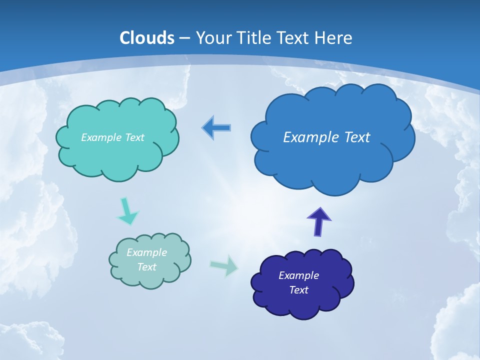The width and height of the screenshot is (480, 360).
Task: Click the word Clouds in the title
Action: [147, 38]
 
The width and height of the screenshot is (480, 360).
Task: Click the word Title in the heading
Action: [254, 38]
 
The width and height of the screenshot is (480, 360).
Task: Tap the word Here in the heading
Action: [333, 38]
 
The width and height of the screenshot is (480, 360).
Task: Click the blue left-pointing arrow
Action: [216, 128]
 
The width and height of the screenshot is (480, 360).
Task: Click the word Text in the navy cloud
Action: [298, 290]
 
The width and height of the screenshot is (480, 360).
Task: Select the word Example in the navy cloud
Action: [298, 275]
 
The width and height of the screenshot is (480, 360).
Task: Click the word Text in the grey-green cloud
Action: [146, 267]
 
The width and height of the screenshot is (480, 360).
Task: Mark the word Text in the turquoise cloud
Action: [134, 137]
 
